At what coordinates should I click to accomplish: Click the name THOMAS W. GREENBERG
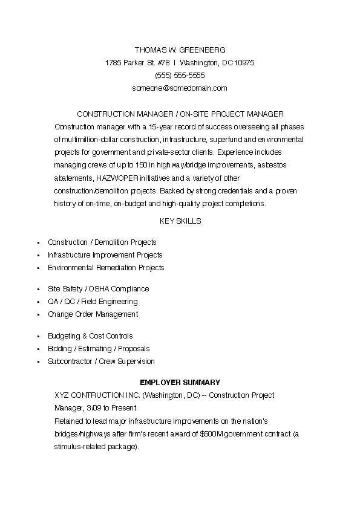[x=180, y=50]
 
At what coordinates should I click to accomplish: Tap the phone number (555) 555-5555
[x=180, y=75]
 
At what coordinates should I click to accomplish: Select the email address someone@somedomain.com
[x=180, y=88]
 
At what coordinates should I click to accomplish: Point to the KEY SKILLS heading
[x=180, y=221]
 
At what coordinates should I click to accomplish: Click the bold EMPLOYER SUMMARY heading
[x=180, y=383]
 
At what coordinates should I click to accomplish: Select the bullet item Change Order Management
[x=93, y=314]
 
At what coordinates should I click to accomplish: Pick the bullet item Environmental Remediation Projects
[x=106, y=267]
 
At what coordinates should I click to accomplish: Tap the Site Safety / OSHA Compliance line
[x=98, y=289]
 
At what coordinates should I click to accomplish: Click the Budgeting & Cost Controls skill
[x=90, y=336]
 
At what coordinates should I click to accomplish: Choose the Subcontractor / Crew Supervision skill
[x=101, y=361]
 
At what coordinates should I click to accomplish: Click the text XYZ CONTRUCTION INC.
[x=97, y=395]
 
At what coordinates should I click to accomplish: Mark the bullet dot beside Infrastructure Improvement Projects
[x=38, y=255]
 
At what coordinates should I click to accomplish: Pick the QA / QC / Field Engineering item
[x=93, y=302]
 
